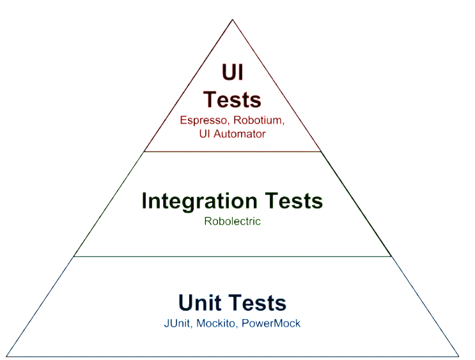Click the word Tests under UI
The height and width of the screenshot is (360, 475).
[x=232, y=100]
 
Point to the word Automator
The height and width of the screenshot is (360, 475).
[x=242, y=134]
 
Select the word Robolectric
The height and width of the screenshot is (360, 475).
[x=233, y=221]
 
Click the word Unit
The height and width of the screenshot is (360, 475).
[x=198, y=302]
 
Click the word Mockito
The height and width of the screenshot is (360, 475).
[x=219, y=323]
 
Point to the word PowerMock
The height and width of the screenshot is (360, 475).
[x=272, y=323]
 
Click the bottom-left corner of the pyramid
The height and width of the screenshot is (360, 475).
[x=6, y=356]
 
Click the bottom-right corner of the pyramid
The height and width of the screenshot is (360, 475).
[x=459, y=356]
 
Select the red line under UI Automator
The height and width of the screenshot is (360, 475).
[x=233, y=152]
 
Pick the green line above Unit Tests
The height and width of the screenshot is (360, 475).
[x=233, y=256]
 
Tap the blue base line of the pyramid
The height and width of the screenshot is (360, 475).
[x=233, y=356]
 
